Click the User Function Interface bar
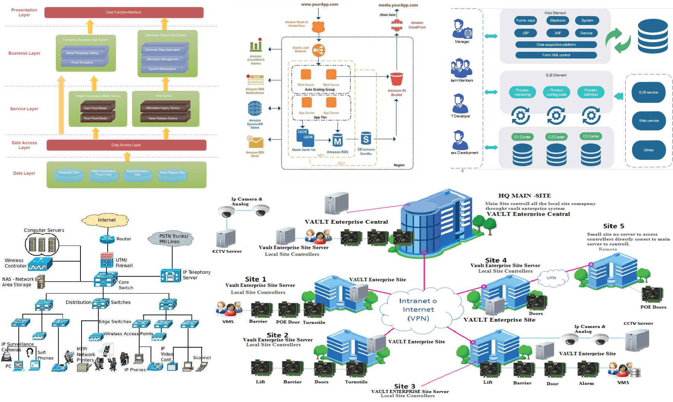(124, 12)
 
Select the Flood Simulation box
(82, 62)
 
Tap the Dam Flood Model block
(95, 108)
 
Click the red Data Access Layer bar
(126, 145)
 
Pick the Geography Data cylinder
(69, 173)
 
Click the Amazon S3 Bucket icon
(397, 79)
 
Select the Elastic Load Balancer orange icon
(318, 50)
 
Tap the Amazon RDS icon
(337, 141)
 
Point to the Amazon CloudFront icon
(397, 25)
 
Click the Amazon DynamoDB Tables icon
(255, 109)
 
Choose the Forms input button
(525, 20)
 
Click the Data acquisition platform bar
(556, 45)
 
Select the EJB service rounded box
(648, 92)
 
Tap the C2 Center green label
(556, 137)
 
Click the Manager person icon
(462, 29)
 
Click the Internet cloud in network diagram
(107, 220)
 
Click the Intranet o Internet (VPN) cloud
(418, 309)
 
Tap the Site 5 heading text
(613, 226)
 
